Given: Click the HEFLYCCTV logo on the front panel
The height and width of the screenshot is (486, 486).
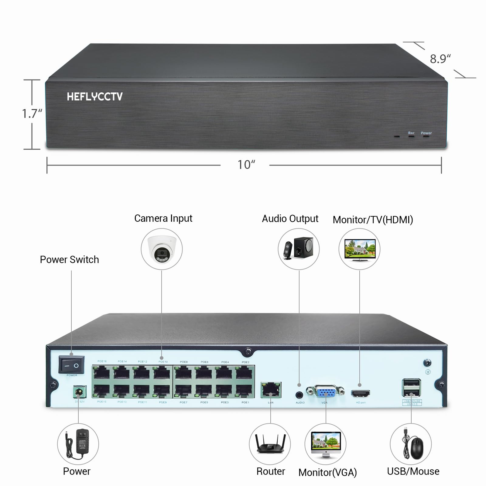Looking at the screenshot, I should click(x=95, y=97).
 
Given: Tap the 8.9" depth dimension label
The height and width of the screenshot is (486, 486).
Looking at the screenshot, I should click(x=440, y=59).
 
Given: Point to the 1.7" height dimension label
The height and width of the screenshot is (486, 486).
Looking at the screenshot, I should click(x=32, y=114).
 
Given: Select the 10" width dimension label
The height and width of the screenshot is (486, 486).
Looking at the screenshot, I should click(x=246, y=165).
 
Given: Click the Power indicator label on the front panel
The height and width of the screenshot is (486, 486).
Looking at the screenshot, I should click(x=426, y=133).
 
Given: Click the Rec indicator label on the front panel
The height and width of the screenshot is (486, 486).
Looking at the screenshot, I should click(x=411, y=133).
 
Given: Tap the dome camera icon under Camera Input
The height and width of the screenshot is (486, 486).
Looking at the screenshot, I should click(x=162, y=249).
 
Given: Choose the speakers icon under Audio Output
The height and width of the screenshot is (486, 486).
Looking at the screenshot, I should click(x=299, y=249).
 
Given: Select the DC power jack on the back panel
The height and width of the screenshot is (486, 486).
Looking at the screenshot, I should click(x=79, y=392).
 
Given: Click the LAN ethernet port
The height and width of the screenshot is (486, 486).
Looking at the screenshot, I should click(x=271, y=390).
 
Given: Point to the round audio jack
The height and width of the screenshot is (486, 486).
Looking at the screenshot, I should click(x=299, y=395).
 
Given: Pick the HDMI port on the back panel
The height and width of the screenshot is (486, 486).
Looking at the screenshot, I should click(x=361, y=394).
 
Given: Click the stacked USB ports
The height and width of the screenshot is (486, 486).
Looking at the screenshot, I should click(x=412, y=388).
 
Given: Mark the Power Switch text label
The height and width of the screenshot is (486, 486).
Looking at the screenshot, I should click(x=69, y=260).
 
